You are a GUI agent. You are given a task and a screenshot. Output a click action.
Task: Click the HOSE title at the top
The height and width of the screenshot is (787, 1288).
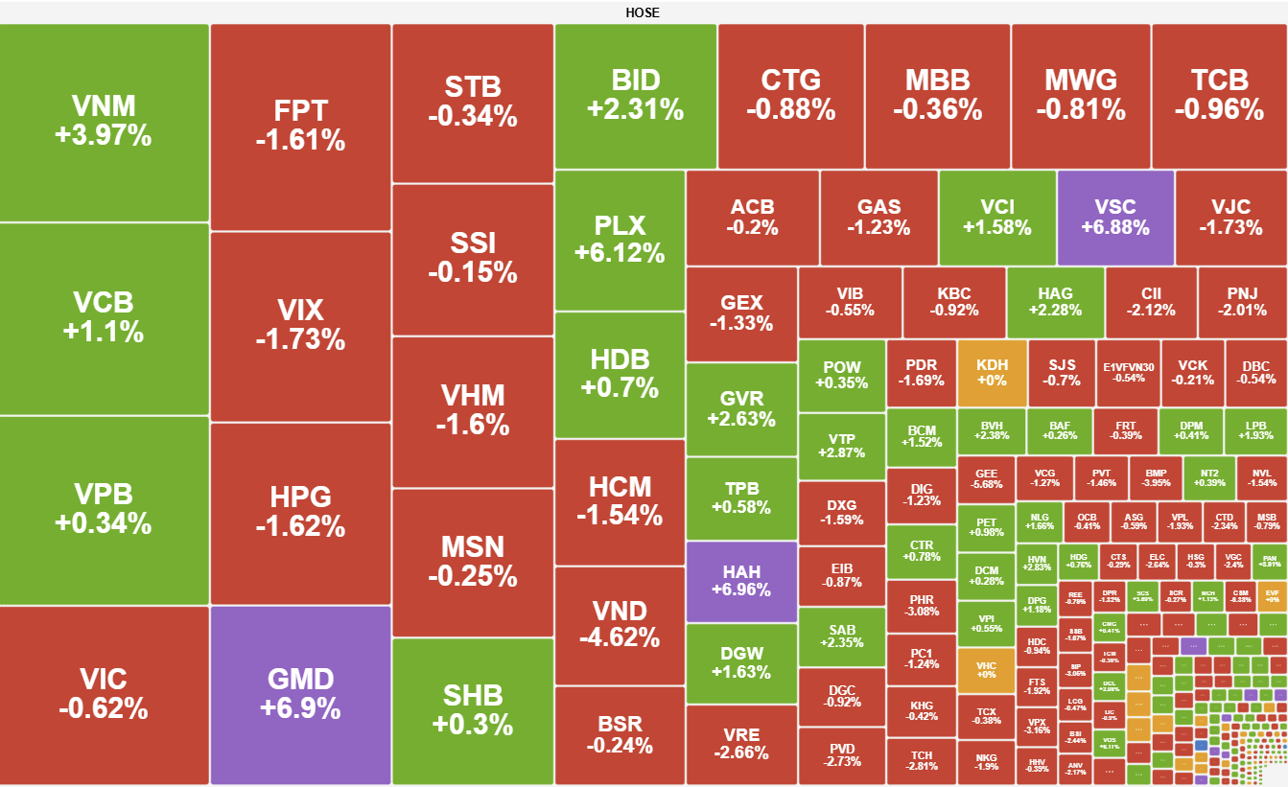(x=643, y=12)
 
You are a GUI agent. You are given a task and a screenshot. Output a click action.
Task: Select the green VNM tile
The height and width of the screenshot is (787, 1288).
(x=104, y=121)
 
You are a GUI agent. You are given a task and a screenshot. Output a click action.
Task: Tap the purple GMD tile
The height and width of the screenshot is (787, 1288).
(x=300, y=694)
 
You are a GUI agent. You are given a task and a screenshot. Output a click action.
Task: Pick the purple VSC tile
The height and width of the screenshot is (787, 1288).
(x=1114, y=217)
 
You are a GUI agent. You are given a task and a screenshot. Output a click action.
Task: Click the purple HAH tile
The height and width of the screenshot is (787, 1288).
(x=740, y=581)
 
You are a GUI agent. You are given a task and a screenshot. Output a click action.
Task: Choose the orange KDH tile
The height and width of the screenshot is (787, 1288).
(x=992, y=373)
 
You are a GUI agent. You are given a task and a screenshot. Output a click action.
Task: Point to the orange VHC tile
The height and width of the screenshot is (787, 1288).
(x=986, y=669)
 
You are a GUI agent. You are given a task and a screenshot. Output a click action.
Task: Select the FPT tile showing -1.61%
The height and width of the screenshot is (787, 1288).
(x=300, y=127)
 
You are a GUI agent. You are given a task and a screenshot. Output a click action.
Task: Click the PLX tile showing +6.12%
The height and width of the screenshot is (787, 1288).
(x=620, y=239)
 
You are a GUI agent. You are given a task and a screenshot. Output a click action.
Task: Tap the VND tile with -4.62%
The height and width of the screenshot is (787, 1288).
(x=620, y=624)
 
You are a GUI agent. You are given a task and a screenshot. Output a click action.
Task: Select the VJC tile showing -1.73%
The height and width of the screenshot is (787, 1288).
(x=1230, y=217)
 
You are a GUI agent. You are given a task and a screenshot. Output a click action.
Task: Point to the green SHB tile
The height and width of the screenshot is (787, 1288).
(x=473, y=710)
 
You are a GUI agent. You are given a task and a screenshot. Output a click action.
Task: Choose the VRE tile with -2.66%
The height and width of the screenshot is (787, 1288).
(x=740, y=744)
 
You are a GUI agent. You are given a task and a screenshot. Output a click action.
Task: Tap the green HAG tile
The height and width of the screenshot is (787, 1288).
(x=1055, y=302)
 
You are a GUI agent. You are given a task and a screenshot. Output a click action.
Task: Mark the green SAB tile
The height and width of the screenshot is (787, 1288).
(x=841, y=637)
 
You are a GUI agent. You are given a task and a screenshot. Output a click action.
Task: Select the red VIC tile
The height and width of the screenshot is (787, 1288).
(x=104, y=694)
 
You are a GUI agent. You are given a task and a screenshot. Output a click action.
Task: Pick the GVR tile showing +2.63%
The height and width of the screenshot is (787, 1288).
(x=740, y=408)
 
